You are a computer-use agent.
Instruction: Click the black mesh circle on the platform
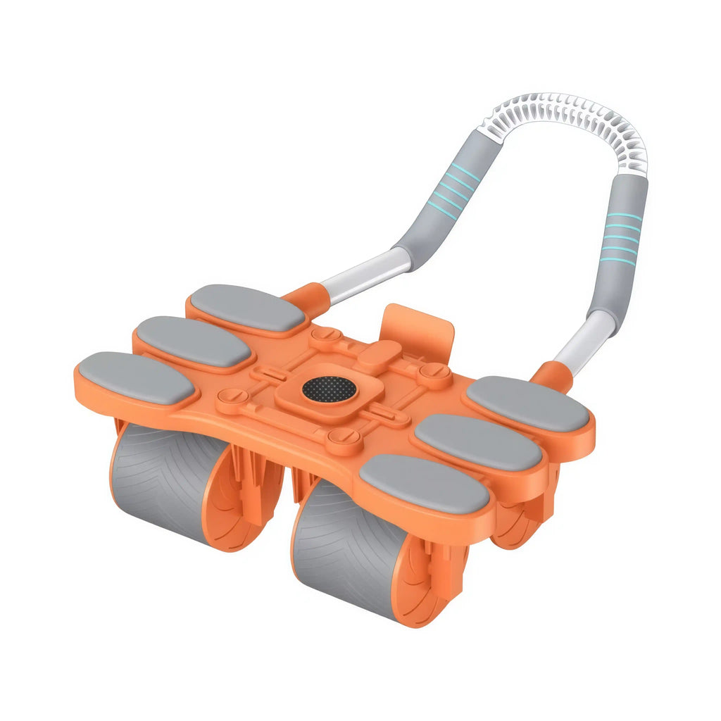click(x=329, y=388)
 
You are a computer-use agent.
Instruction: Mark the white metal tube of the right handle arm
click(x=584, y=345)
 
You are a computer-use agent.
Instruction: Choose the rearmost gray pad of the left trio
click(x=247, y=308)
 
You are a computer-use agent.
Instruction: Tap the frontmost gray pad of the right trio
click(x=424, y=483)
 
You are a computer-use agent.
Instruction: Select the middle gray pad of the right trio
click(x=477, y=441)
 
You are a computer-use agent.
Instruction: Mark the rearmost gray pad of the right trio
click(x=528, y=403)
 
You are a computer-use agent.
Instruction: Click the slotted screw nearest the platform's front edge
click(x=344, y=441)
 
